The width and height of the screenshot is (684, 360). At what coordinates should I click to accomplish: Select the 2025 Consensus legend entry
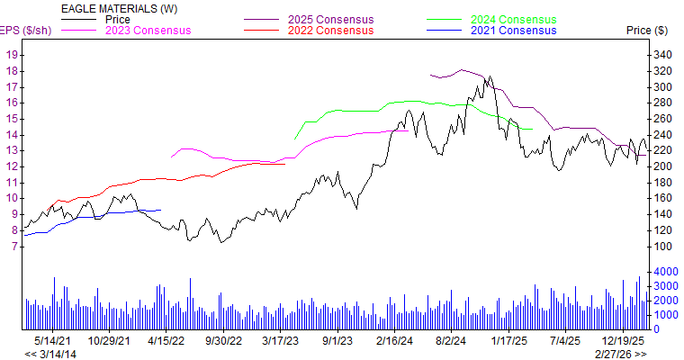pos(330,19)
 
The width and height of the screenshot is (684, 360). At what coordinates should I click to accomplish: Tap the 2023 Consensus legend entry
pos(148,31)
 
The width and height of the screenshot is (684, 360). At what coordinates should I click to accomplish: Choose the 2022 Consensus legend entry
pos(330,31)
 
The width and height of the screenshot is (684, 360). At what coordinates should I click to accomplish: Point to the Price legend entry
pos(118,19)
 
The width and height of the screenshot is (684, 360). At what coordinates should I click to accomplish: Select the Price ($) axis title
pos(646,31)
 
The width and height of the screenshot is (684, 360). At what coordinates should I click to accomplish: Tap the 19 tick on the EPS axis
pos(13,55)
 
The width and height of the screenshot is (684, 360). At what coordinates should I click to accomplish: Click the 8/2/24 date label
pos(450,341)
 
